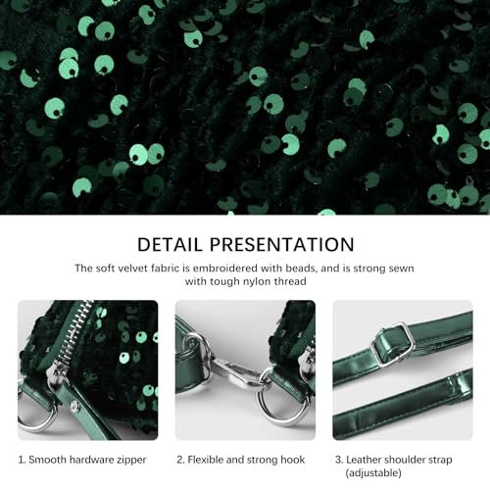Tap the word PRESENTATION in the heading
[x=285, y=244]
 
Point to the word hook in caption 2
[x=291, y=459]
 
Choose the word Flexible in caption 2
[x=208, y=459]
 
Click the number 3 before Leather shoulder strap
[x=338, y=459]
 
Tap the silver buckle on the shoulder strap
[x=393, y=344]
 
